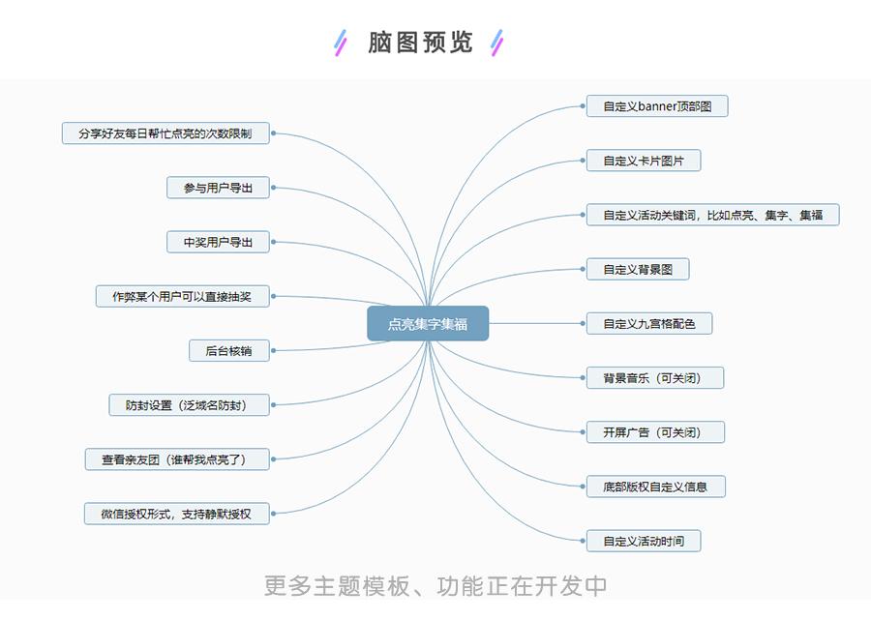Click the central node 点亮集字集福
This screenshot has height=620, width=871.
pyautogui.click(x=428, y=324)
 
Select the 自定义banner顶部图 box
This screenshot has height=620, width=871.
pyautogui.click(x=657, y=106)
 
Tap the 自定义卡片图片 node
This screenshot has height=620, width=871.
pyautogui.click(x=644, y=161)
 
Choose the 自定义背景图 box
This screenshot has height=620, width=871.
pyautogui.click(x=638, y=269)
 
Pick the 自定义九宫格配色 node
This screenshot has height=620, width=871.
pyautogui.click(x=649, y=323)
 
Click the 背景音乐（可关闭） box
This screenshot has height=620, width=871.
pyautogui.click(x=656, y=377)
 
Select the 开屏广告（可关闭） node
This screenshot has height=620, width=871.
pyautogui.click(x=656, y=432)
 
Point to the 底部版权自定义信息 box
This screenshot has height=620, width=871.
pyautogui.click(x=655, y=487)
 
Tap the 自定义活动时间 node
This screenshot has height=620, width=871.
pyautogui.click(x=644, y=541)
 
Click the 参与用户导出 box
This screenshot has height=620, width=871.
pyautogui.click(x=218, y=188)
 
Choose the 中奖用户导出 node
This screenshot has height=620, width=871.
pyautogui.click(x=218, y=242)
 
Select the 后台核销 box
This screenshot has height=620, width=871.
pyautogui.click(x=228, y=351)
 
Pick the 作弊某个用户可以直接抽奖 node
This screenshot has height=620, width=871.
pyautogui.click(x=182, y=296)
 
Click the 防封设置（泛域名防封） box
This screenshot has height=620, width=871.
pyautogui.click(x=189, y=405)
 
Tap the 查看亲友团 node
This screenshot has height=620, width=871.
pyautogui.click(x=177, y=459)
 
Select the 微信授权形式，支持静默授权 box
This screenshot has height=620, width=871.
pyautogui.click(x=176, y=514)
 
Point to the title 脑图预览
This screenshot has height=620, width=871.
pyautogui.click(x=420, y=43)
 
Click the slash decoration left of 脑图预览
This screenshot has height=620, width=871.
pyautogui.click(x=340, y=43)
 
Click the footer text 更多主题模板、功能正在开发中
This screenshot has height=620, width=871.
pyautogui.click(x=435, y=585)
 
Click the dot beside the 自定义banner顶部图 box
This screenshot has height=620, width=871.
pyautogui.click(x=583, y=106)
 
